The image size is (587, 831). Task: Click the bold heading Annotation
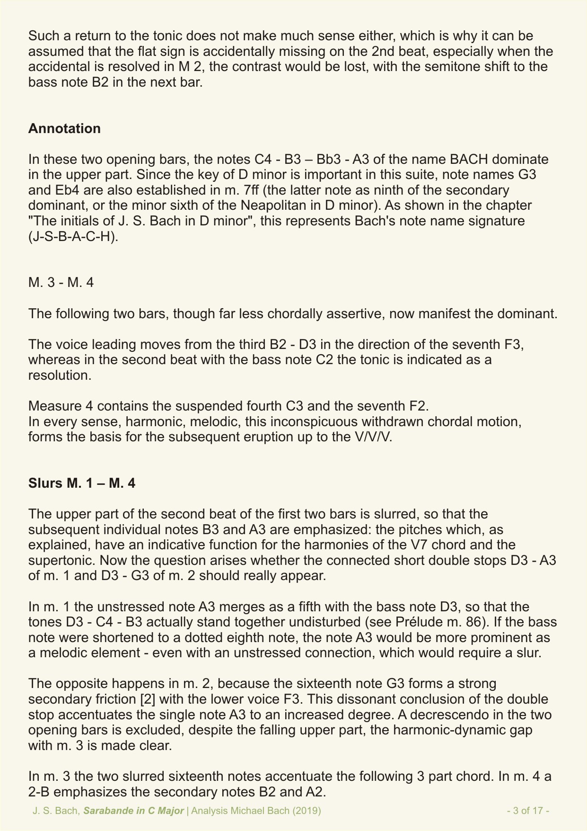(x=64, y=128)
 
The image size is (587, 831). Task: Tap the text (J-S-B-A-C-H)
(x=73, y=236)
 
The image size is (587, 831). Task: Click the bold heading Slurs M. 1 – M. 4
(x=82, y=483)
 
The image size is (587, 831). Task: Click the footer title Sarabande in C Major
(x=134, y=811)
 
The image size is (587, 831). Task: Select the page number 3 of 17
(x=528, y=811)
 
